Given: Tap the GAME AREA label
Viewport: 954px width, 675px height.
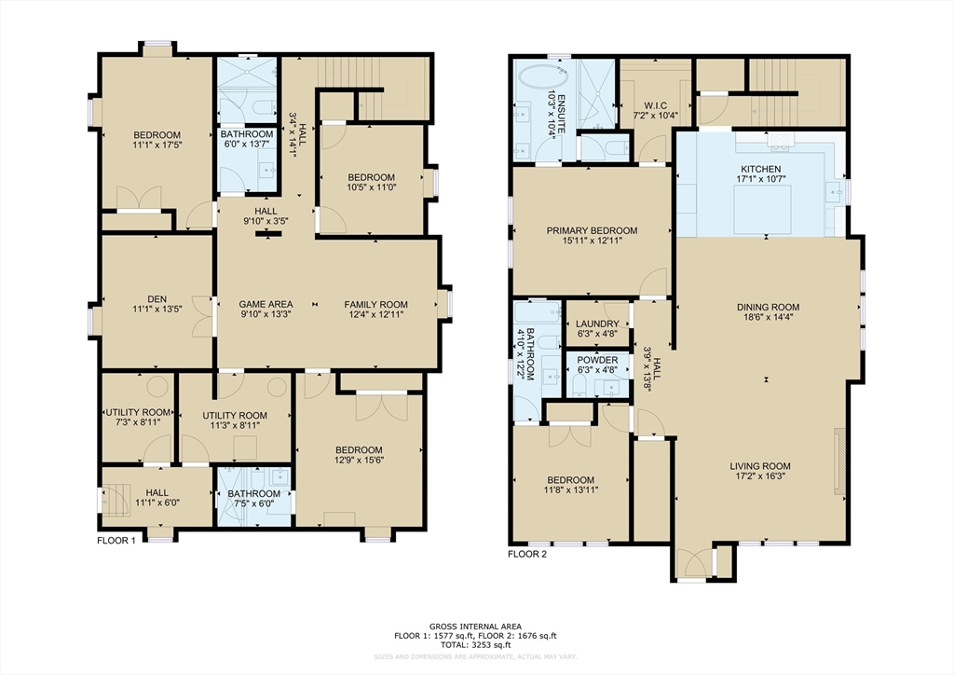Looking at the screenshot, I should [266, 304].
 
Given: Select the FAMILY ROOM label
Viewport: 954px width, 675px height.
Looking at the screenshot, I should [375, 304].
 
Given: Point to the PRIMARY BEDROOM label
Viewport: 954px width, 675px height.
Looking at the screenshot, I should [592, 230].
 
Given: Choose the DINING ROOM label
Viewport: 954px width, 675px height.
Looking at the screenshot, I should [768, 307].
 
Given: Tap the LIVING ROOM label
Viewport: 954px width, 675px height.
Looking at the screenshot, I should [763, 466].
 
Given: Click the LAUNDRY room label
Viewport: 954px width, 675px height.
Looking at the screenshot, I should [597, 324].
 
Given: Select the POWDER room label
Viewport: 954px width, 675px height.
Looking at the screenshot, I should [597, 360].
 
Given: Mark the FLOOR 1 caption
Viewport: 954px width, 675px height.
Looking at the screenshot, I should [116, 540].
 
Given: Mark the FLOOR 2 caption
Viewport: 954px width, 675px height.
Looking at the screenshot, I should [526, 553].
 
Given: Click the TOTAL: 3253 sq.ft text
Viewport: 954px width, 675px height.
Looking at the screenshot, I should [476, 644].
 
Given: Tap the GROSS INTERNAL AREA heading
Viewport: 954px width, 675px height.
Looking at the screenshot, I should [476, 626].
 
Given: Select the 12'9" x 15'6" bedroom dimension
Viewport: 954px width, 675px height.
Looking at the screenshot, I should [359, 461].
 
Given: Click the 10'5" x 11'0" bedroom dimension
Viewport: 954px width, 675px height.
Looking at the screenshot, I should [372, 188].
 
